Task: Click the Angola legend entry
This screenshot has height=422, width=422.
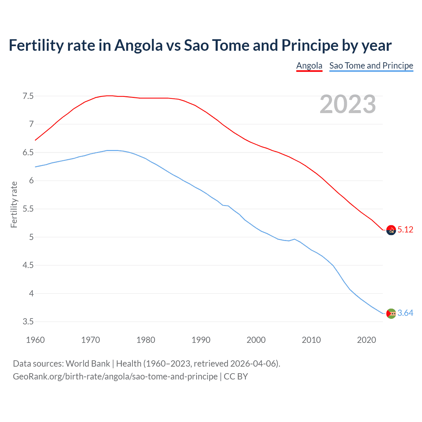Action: pyautogui.click(x=309, y=66)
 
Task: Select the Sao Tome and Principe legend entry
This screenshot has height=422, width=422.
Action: pyautogui.click(x=371, y=66)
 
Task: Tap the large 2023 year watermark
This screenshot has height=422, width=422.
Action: pyautogui.click(x=347, y=104)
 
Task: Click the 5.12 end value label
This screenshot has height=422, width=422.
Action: pyautogui.click(x=405, y=230)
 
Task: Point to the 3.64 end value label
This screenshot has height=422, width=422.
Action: pyautogui.click(x=405, y=313)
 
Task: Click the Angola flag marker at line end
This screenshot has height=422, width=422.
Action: pyautogui.click(x=391, y=230)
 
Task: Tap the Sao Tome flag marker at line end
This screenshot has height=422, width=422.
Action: pyautogui.click(x=391, y=314)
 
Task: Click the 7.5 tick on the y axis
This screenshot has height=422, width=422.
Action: pyautogui.click(x=28, y=96)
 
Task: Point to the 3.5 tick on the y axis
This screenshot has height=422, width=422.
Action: pyautogui.click(x=28, y=322)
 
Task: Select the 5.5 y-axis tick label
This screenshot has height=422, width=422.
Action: pyautogui.click(x=28, y=209)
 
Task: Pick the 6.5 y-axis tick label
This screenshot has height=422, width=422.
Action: pyautogui.click(x=28, y=153)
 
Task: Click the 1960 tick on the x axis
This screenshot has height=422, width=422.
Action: pyautogui.click(x=35, y=340)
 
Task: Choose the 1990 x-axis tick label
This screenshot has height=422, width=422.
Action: pyautogui.click(x=201, y=340)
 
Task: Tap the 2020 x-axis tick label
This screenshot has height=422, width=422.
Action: pyautogui.click(x=366, y=340)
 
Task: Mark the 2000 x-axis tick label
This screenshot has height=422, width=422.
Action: pyautogui.click(x=256, y=340)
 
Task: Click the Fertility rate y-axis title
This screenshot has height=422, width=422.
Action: pyautogui.click(x=14, y=204)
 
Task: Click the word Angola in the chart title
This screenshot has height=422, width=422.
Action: pyautogui.click(x=138, y=45)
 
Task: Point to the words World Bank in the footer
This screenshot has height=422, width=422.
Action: pyautogui.click(x=88, y=364)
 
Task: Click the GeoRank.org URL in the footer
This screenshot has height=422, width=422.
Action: pyautogui.click(x=115, y=377)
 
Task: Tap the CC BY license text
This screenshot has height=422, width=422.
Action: pyautogui.click(x=236, y=377)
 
